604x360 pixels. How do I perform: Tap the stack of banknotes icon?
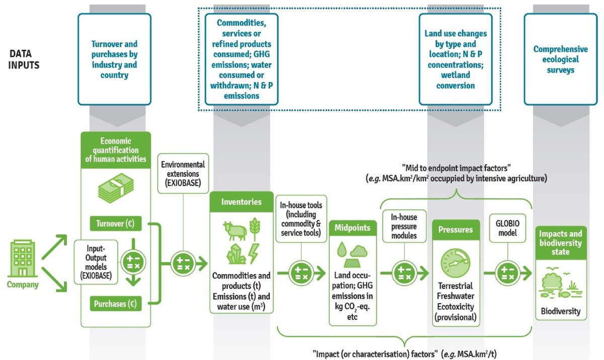(x=115, y=188)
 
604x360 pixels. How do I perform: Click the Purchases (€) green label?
(x=115, y=304)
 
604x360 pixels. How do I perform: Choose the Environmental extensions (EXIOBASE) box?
(x=182, y=172)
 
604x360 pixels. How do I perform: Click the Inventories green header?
(x=241, y=202)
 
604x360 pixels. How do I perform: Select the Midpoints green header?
(x=352, y=228)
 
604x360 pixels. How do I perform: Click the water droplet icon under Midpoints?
(x=342, y=250)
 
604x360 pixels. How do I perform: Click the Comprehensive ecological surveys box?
(x=560, y=59)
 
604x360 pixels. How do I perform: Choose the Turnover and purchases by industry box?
(x=114, y=59)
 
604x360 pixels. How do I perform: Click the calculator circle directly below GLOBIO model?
(x=505, y=273)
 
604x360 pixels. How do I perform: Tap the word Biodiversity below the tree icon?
(x=560, y=311)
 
